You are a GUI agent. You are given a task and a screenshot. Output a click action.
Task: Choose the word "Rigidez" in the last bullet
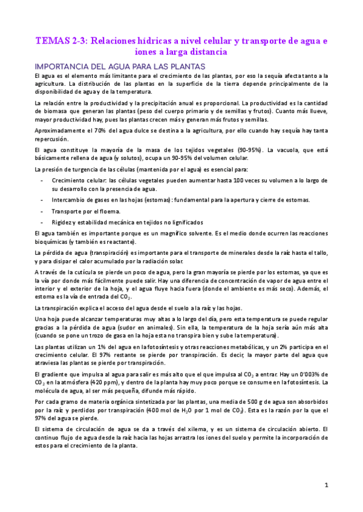coord(64,223)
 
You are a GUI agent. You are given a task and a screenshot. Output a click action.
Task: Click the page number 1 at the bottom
coord(326,485)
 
